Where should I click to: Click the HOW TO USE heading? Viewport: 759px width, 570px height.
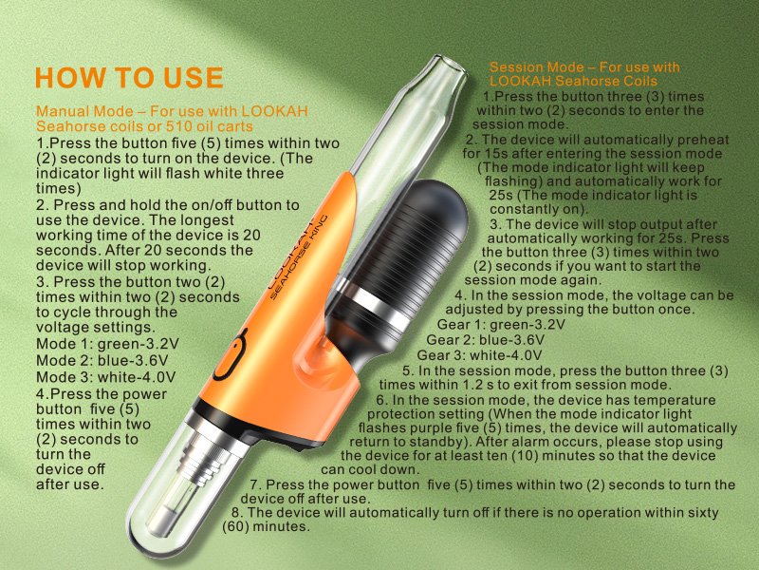click(x=129, y=78)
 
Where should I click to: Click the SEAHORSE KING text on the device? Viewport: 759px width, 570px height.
click(x=299, y=256)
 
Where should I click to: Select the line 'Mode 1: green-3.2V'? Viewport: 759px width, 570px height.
click(x=107, y=344)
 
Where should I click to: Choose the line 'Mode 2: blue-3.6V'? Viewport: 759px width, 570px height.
click(x=102, y=361)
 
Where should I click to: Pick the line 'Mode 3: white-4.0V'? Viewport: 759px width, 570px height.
click(x=105, y=377)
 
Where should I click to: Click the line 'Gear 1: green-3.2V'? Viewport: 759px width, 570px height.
click(x=501, y=324)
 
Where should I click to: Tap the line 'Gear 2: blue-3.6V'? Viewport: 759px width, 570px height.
click(x=485, y=340)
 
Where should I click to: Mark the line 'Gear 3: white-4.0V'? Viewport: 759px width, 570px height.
click(x=479, y=355)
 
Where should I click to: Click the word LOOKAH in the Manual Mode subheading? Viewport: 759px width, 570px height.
click(x=274, y=111)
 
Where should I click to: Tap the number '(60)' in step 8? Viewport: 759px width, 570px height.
click(x=235, y=526)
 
